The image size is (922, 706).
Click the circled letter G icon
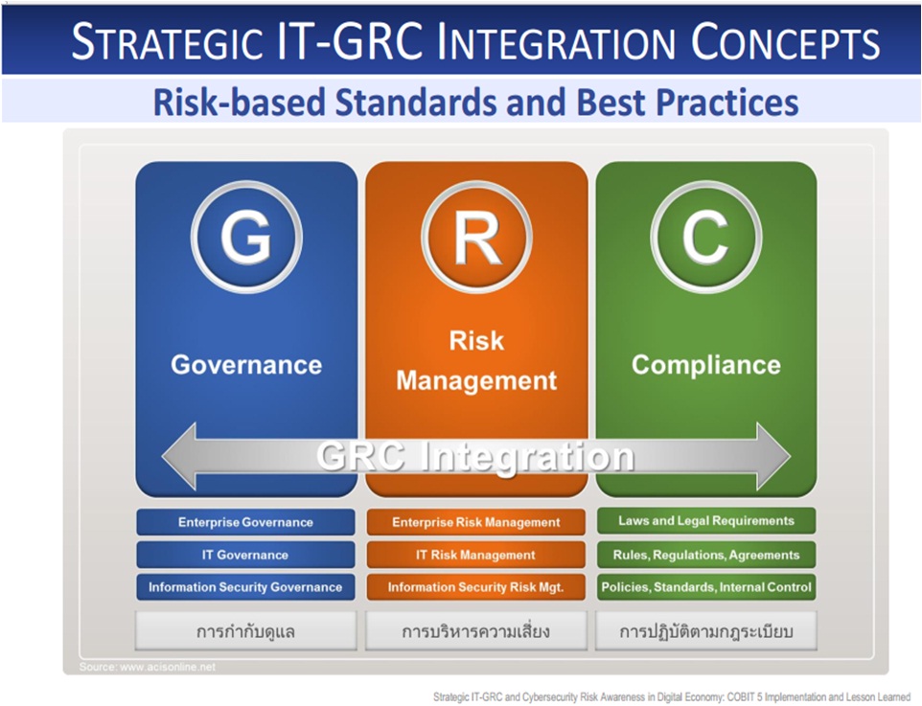246,238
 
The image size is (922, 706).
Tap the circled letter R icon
476,238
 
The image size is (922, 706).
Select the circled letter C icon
706,238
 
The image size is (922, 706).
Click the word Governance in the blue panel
246,365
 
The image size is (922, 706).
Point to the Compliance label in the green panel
706,365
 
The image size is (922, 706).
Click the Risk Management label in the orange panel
476,360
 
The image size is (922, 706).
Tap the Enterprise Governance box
246,522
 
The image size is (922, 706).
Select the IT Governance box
246,555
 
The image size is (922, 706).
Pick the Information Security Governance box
246,587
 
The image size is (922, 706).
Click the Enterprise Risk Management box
476,522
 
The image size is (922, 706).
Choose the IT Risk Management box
476,555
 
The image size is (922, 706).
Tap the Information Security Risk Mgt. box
476,587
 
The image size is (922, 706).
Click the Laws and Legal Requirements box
706,521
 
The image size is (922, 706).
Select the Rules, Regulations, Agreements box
706,555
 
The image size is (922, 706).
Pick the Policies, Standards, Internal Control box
706,587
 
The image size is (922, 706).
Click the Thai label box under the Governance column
246,632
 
